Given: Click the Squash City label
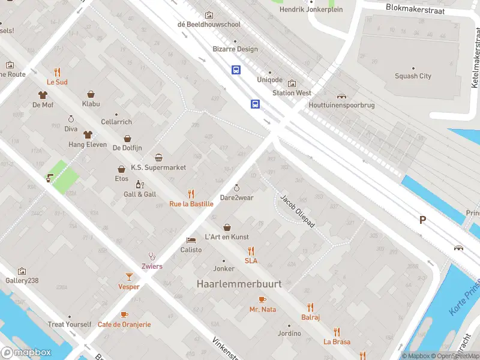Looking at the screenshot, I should tap(413, 76).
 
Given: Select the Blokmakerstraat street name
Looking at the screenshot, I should tap(419, 8).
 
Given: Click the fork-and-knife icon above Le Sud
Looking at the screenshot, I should tap(58, 71).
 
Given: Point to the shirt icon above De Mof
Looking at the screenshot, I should tap(43, 94).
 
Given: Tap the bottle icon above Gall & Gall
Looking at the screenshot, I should tap(140, 184).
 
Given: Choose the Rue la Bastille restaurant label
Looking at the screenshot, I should tap(191, 204).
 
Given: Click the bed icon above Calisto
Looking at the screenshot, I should tap(191, 239).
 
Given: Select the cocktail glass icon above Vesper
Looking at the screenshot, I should tap(128, 276).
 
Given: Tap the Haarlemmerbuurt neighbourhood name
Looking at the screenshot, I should tap(239, 284).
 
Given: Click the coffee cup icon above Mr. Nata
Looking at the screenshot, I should tap(262, 299).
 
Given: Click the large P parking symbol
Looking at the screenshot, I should tap(422, 220).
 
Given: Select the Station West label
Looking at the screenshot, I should tap(292, 93).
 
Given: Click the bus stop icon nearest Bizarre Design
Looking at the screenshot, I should tap(236, 70).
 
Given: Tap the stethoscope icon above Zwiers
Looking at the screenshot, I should tap(152, 256).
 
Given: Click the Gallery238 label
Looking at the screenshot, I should tap(22, 280).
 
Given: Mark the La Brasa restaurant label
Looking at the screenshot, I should tap(337, 341).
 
